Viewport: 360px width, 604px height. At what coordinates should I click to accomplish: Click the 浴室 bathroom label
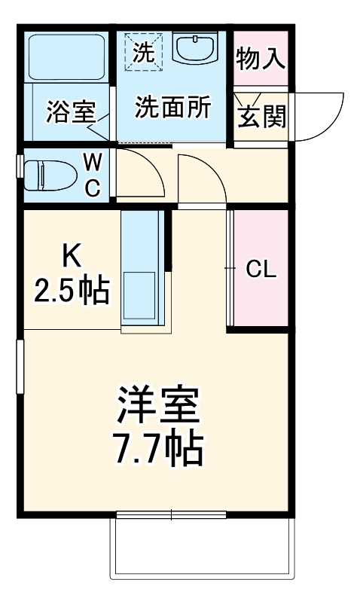70,111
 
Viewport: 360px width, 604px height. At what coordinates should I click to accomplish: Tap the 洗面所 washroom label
172,108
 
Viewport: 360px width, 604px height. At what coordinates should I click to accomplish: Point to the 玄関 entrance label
261,117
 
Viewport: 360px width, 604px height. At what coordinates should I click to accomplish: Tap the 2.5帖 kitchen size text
72,290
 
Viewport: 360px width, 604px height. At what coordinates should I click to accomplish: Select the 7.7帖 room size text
159,449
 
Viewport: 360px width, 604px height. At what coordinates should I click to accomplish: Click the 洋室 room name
159,407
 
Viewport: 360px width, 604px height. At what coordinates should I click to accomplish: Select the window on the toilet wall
20,166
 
